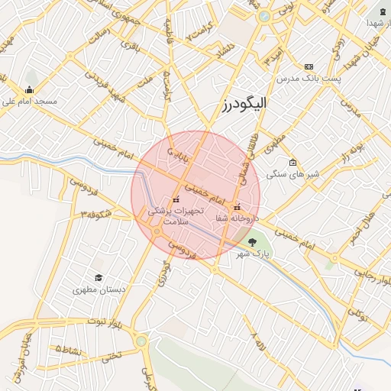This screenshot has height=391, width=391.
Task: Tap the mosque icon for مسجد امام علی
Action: point(30,89)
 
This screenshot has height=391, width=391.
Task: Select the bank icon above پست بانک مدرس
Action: point(309,67)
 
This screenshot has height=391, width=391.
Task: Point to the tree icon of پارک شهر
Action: point(253,243)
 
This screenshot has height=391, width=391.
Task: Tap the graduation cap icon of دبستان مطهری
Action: point(98,278)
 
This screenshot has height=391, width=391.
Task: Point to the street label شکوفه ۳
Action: point(98,213)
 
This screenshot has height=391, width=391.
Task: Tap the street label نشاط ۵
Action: point(70,348)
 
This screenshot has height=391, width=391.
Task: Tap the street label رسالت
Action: point(100,34)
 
